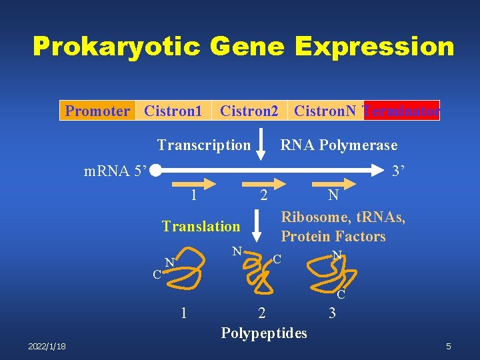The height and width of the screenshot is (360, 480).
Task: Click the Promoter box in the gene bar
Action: point(97,111)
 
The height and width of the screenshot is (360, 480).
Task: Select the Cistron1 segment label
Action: point(173,111)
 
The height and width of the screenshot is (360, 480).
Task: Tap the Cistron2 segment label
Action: point(249,111)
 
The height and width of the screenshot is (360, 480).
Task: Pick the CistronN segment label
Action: point(325,111)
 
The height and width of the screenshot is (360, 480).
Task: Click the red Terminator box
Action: point(401,111)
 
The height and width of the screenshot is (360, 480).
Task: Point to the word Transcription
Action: point(204,145)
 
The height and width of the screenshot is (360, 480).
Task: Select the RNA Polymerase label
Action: point(339,145)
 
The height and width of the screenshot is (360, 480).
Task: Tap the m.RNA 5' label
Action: point(114,171)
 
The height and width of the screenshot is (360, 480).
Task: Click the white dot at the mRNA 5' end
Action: point(155,171)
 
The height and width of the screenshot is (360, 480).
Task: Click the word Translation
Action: point(201,227)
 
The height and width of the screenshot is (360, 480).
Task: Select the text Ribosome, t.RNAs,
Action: point(343,217)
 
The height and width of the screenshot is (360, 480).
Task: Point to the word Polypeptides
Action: point(264,333)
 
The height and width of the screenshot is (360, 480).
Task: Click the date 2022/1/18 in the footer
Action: point(47,346)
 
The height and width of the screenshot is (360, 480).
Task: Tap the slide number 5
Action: point(449,346)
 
